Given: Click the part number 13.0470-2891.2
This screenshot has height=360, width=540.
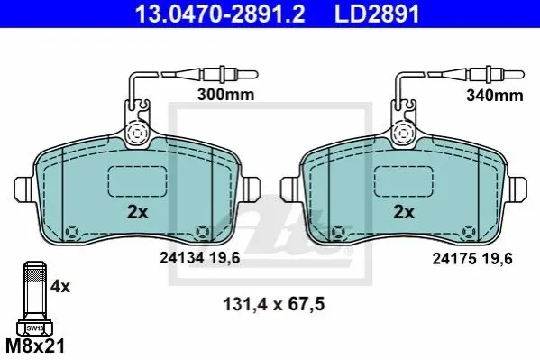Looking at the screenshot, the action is point(220,14).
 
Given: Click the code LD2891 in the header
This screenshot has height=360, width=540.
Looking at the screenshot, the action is point(377,14).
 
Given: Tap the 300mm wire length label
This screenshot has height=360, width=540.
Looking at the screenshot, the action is point(226,95).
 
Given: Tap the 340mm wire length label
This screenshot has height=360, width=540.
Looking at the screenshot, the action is point(495,95).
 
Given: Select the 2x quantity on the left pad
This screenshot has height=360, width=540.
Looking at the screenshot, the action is point(137,212).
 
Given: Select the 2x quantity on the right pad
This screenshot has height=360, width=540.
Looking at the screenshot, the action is point(404,212).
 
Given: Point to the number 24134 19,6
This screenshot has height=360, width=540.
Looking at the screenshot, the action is point(200,258).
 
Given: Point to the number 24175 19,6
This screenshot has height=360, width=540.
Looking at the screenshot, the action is point(472,258).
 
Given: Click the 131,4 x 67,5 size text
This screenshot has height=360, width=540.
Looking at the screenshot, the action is point(274,304).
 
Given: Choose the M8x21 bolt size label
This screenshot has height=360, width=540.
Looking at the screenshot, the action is point(35,346).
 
